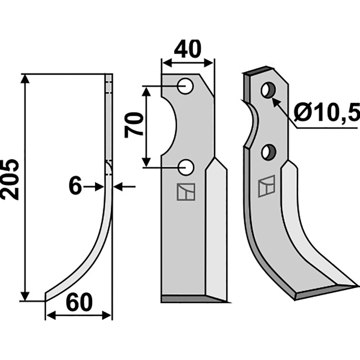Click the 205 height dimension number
(10, 179)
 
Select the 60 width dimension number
(79, 302)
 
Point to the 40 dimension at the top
(188, 49)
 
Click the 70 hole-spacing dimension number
(134, 125)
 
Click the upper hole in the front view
(186, 86)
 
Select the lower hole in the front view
(186, 167)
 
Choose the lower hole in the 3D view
(269, 152)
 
